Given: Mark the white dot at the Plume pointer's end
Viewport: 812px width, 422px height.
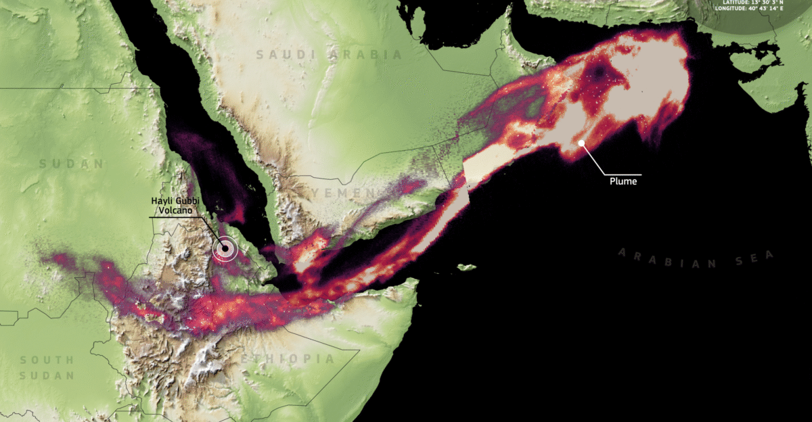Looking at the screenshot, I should click(x=581, y=143).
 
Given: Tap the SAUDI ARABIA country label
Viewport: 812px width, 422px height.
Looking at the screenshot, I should click(x=329, y=55).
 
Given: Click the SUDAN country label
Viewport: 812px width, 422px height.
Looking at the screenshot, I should click(x=72, y=164).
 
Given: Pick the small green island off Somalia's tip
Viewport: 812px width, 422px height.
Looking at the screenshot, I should click(x=466, y=267).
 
